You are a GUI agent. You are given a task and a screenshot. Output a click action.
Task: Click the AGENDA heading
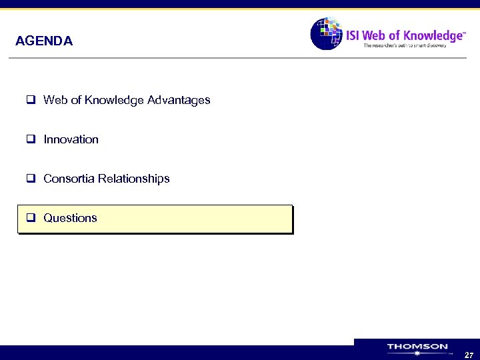(x=44, y=41)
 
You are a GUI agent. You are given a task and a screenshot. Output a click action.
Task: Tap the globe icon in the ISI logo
(x=326, y=33)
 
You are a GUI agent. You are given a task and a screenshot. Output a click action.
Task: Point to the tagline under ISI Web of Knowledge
(x=413, y=46)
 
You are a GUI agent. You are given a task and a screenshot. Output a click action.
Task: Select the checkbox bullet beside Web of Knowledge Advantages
(x=31, y=100)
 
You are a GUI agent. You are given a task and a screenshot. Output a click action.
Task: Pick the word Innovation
(x=71, y=139)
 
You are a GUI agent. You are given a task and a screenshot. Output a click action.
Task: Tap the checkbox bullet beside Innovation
(x=31, y=139)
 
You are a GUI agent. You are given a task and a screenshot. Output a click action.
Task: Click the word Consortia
(x=69, y=179)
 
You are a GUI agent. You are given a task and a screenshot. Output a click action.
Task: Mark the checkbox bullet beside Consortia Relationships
(x=31, y=179)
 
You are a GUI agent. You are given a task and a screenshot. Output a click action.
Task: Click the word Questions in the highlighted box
(x=70, y=218)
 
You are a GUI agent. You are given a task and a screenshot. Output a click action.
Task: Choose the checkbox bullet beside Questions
(x=31, y=218)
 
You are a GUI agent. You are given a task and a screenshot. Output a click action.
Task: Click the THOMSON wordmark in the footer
(x=417, y=347)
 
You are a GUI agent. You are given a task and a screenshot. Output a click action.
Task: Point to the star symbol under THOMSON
(x=417, y=354)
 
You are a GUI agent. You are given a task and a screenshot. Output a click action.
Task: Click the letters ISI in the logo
(x=353, y=35)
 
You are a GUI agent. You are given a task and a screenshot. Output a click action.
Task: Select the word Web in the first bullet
(x=55, y=100)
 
